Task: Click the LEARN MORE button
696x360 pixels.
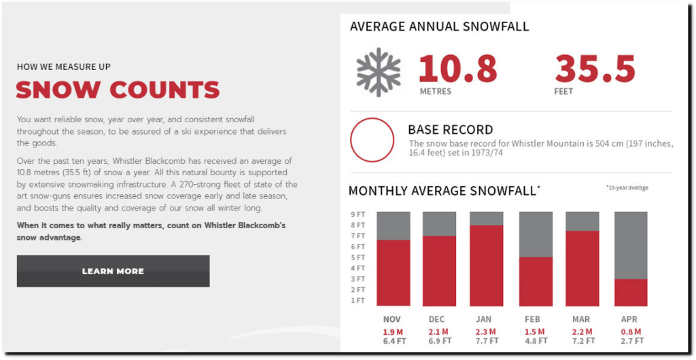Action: (x=114, y=271)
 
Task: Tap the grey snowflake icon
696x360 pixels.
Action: (x=379, y=72)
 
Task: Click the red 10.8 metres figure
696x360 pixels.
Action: (x=457, y=69)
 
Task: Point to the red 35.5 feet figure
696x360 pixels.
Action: (x=595, y=69)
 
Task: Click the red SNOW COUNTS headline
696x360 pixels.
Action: (x=118, y=90)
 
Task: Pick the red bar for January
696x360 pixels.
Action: (x=487, y=266)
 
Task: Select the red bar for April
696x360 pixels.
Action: (x=631, y=293)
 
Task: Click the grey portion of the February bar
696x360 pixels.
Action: (x=536, y=234)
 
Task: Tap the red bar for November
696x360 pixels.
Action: (x=394, y=272)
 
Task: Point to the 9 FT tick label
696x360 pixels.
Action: (x=358, y=214)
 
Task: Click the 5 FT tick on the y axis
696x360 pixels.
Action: (x=358, y=257)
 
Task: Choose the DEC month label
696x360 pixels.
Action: (x=437, y=319)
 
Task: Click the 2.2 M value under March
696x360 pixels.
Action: (x=582, y=331)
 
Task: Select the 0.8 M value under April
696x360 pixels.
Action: (x=631, y=331)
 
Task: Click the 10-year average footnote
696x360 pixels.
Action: (x=627, y=187)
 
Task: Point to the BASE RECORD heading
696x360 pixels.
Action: (x=451, y=130)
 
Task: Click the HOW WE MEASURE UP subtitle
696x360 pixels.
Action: (x=64, y=67)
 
